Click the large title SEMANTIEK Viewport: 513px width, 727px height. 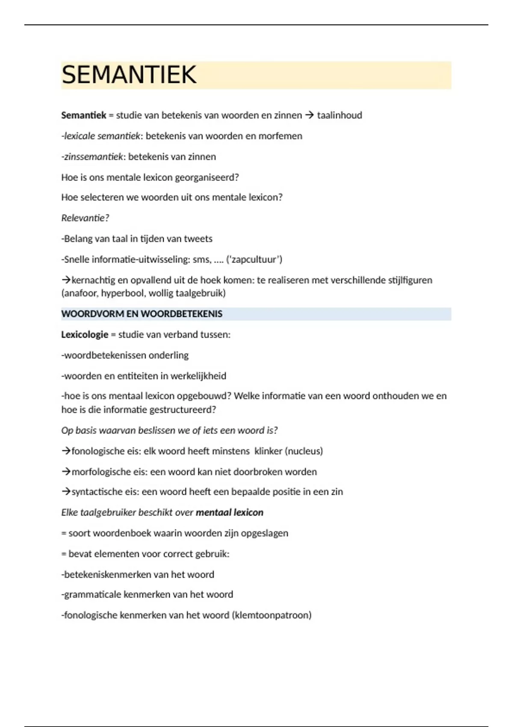(129, 75)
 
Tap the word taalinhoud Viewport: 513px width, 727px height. (339, 115)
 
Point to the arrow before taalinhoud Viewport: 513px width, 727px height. (310, 115)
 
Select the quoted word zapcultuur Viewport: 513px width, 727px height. (254, 260)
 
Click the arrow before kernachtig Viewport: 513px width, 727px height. (66, 280)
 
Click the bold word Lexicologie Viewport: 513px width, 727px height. (85, 334)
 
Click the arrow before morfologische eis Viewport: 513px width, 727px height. (66, 472)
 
